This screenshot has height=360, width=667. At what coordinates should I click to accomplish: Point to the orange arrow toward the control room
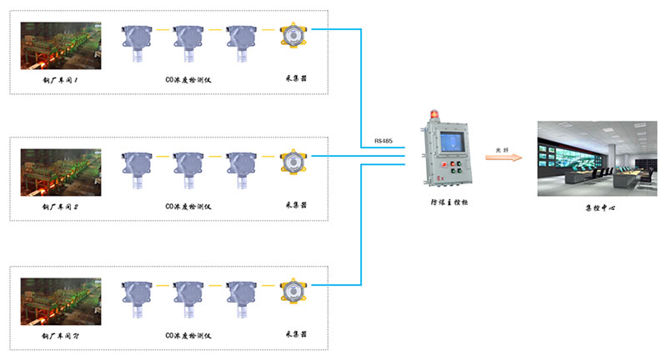[504, 157]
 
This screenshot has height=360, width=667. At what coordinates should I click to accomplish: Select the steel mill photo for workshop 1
[61, 46]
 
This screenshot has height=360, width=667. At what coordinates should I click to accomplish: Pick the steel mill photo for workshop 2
[61, 172]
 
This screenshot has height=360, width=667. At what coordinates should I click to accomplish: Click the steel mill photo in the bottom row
[61, 301]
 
